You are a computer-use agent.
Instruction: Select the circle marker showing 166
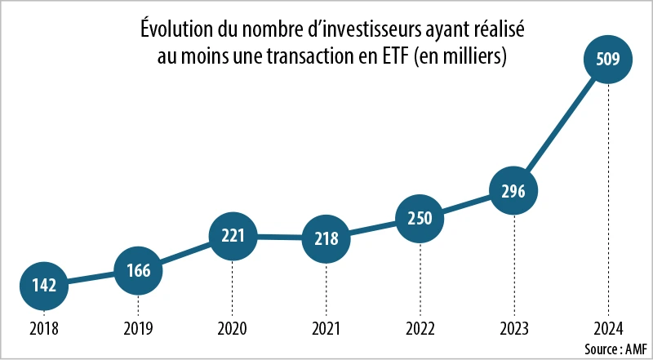[138, 269]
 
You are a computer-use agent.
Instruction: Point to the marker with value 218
[326, 239]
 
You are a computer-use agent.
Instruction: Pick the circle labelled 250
[420, 218]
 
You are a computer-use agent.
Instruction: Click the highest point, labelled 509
[608, 59]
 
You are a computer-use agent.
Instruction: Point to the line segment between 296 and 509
[561, 125]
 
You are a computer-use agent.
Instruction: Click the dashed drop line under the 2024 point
[608, 204]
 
